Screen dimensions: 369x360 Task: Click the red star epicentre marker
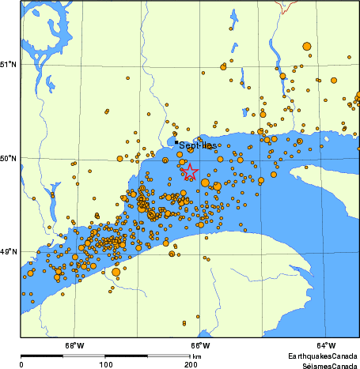[190, 171]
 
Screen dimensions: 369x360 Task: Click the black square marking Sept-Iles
[176, 142]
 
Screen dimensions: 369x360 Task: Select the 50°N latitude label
[9, 158]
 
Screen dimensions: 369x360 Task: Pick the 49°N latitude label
[9, 252]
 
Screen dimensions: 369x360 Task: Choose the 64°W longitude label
[326, 345]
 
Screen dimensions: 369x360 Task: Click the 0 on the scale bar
[21, 364]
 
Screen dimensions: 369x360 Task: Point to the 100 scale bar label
[105, 364]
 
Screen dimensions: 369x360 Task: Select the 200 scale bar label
[191, 364]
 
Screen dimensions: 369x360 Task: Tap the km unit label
[197, 357]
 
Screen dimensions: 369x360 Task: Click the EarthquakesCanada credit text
[320, 356]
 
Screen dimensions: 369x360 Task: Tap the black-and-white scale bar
[105, 356]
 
